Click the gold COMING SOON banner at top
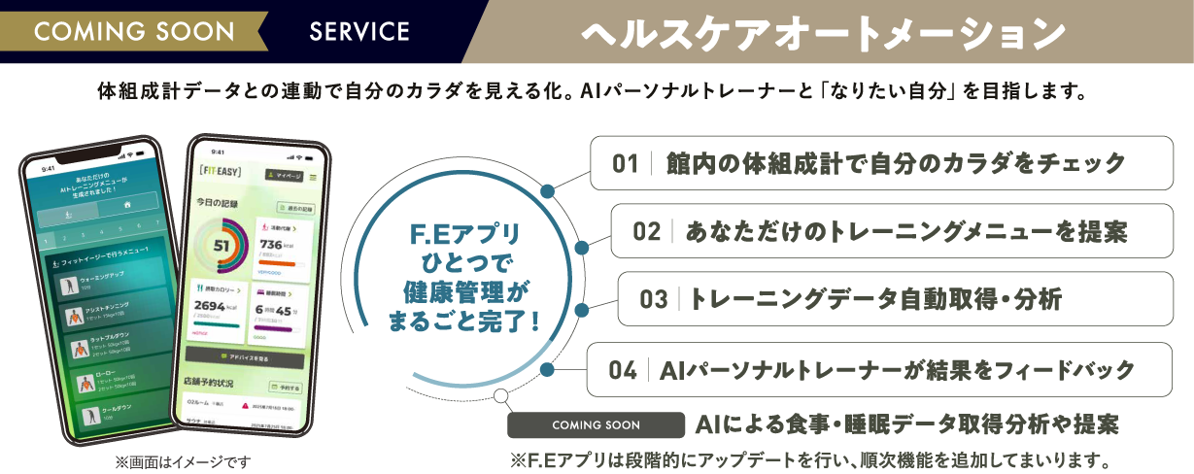[134, 31]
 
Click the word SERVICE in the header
[359, 31]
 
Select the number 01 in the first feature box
[625, 163]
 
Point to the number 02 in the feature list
[646, 231]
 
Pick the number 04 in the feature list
[622, 370]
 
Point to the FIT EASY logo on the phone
[218, 175]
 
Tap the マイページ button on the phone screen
[284, 176]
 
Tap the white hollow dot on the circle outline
[500, 395]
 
